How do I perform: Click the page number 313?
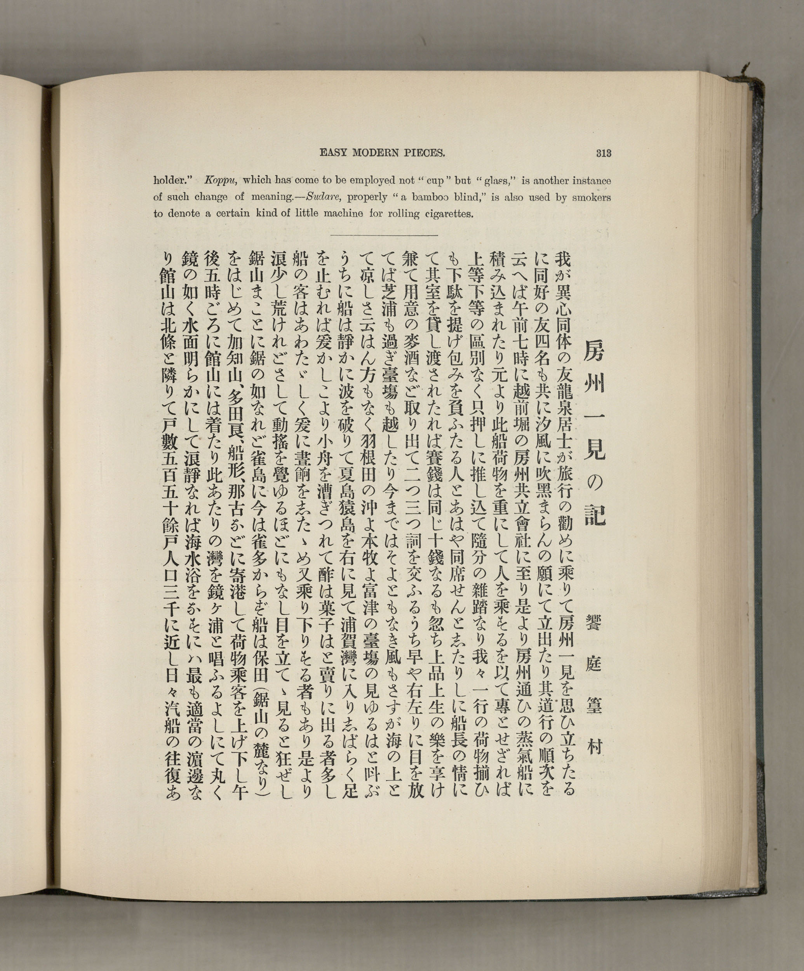point(604,153)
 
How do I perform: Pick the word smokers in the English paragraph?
point(592,197)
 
